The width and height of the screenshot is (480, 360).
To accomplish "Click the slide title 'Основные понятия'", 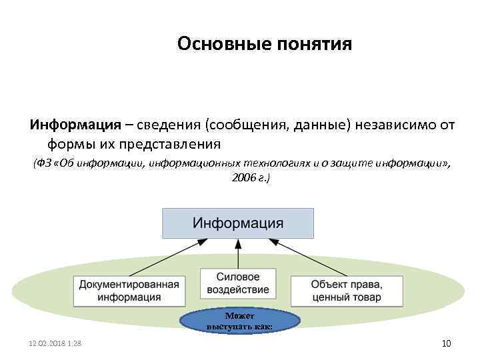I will point(264,45).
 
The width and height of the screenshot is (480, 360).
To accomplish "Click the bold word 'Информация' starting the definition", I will point(75,125).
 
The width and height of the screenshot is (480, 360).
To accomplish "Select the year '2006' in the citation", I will point(243,179).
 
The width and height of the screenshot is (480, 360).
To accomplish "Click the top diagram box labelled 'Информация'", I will point(238,223).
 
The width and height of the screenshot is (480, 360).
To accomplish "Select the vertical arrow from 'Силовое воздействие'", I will point(238,253).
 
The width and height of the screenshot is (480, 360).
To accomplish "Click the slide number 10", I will point(447,343).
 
